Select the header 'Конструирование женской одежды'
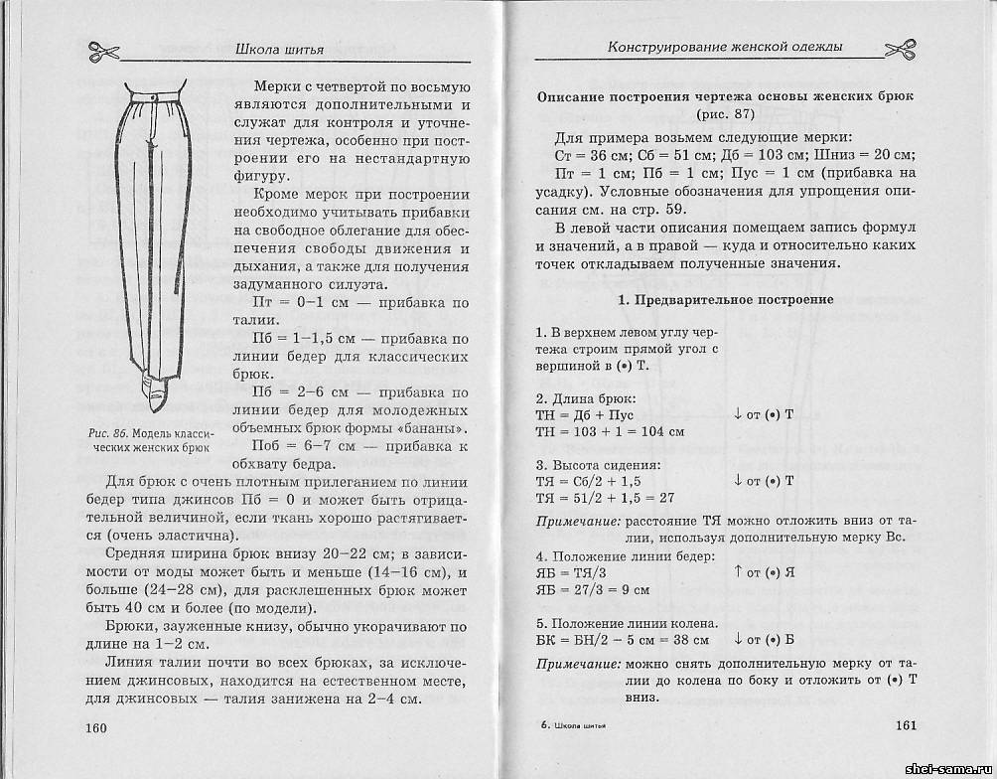pyautogui.click(x=725, y=47)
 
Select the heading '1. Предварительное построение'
pyautogui.click(x=725, y=299)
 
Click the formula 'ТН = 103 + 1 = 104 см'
pyautogui.click(x=610, y=432)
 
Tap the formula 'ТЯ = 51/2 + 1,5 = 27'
pyautogui.click(x=606, y=498)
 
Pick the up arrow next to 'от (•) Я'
pyautogui.click(x=739, y=572)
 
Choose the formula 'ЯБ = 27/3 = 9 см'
pyautogui.click(x=593, y=589)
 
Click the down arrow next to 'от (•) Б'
pyautogui.click(x=739, y=641)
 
